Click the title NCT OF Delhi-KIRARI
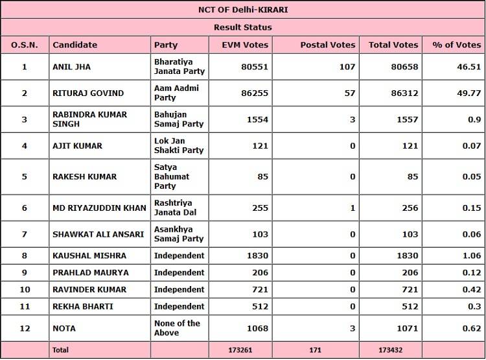click(x=242, y=10)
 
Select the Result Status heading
click(x=242, y=27)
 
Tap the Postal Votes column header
click(x=328, y=45)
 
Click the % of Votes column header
click(x=457, y=45)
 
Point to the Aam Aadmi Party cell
click(x=176, y=93)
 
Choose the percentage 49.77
click(x=467, y=93)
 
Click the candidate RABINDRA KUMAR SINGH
click(x=89, y=119)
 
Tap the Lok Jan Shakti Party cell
click(x=179, y=146)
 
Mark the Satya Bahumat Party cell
click(x=171, y=176)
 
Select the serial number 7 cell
click(x=25, y=234)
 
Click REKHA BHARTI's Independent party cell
click(x=179, y=306)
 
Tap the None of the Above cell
click(x=177, y=328)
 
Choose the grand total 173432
click(x=391, y=350)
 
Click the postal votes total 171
click(x=315, y=350)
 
